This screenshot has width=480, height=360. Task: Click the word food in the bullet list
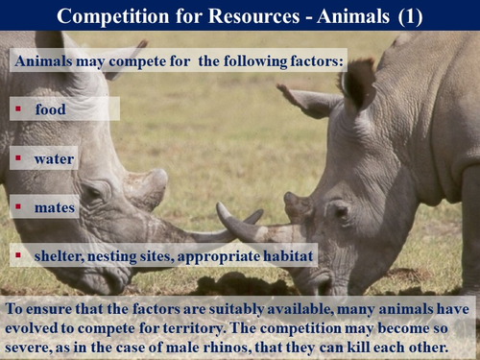click(x=51, y=109)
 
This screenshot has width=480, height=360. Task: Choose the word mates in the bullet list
click(x=55, y=204)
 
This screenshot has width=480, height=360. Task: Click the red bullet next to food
click(x=18, y=108)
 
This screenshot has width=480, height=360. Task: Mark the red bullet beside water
click(x=18, y=156)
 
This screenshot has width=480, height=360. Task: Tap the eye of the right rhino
click(x=338, y=208)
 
